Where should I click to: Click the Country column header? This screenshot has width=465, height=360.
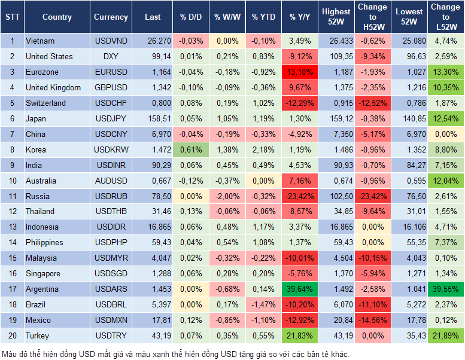coord(56,17)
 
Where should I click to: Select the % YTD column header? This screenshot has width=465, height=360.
coord(263,17)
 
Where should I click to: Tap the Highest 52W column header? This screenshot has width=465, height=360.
coord(336,17)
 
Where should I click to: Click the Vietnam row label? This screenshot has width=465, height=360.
coord(40,41)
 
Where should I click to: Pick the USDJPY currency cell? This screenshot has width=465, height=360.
coord(111,118)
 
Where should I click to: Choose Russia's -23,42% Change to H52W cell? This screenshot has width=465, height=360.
coord(372,196)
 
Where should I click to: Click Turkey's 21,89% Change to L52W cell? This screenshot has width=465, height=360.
coord(445,336)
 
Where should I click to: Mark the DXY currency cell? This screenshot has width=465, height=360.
coord(111,57)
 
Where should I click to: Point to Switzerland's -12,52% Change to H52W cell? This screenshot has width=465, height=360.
coord(372,103)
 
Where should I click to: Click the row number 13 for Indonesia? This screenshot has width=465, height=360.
coord(12,227)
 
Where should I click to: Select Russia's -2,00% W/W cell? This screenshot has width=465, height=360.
coord(227,196)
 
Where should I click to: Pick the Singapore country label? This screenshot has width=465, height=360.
coord(42,274)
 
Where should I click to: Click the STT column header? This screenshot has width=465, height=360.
coord(12,17)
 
